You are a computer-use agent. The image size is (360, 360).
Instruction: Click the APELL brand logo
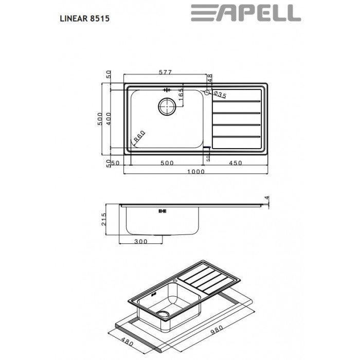coord(245,13)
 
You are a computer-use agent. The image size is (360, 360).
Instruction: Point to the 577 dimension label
coord(165,73)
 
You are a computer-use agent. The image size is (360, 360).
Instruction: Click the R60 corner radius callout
coord(139,137)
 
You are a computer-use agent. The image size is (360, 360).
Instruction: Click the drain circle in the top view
coord(167,106)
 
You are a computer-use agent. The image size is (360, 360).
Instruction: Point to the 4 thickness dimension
coord(266,198)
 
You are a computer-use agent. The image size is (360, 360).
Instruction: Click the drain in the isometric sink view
coord(164,315)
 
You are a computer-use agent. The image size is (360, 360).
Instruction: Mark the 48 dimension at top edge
coord(210,78)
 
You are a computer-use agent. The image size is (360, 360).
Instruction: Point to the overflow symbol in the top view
coord(166,89)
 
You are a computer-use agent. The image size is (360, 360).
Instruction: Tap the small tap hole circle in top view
coord(207,93)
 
